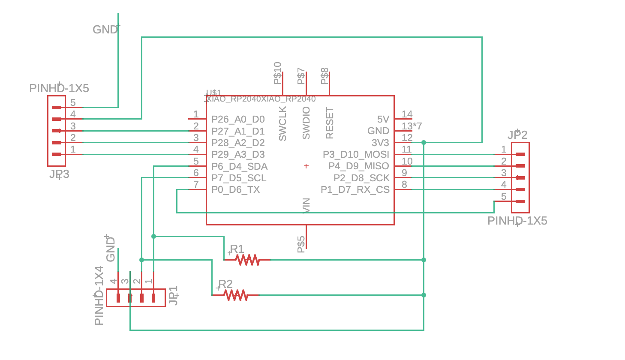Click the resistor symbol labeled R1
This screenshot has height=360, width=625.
point(248,260)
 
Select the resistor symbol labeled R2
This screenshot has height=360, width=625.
point(236,295)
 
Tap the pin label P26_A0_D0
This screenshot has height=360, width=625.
point(238,119)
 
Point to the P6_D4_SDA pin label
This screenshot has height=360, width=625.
point(239,166)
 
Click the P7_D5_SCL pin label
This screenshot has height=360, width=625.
point(239,178)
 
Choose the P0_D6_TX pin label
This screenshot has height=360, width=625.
point(235,189)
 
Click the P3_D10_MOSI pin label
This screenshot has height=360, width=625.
point(356,154)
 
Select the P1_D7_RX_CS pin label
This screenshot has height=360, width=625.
point(355,189)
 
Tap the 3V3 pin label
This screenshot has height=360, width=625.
point(380,143)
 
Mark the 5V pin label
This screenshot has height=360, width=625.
point(383,119)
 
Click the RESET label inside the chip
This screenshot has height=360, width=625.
point(329,123)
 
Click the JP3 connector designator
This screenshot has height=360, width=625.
point(59,174)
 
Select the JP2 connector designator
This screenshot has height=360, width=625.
point(517,135)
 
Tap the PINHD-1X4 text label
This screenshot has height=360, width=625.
point(99,296)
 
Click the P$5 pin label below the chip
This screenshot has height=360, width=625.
point(301,244)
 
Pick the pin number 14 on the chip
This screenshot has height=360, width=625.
point(407,114)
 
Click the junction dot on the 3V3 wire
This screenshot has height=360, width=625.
point(424,142)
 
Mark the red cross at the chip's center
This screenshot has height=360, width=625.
point(306,166)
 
